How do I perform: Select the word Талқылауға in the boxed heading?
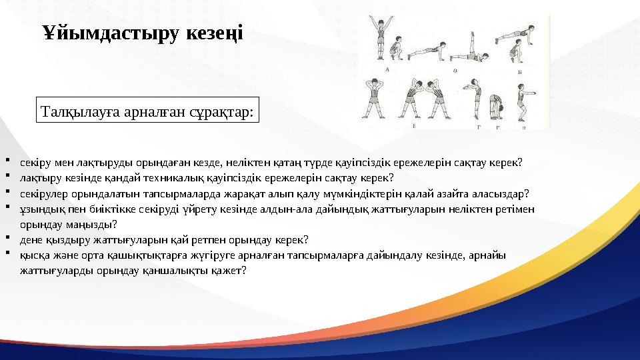click(x=77, y=111)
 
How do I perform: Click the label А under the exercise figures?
click(x=387, y=69)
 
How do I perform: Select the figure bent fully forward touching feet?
click(x=494, y=107)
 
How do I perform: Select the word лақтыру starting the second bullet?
click(x=39, y=178)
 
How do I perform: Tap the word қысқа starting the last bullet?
click(x=34, y=255)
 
